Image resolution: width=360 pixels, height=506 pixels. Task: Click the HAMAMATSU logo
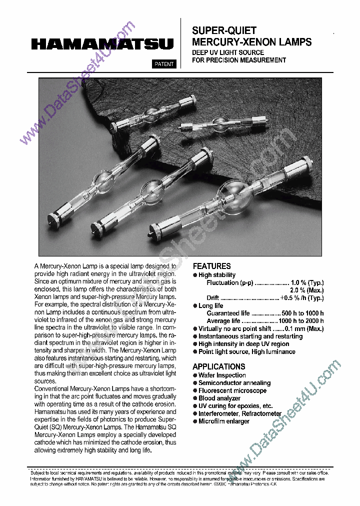(x=102, y=44)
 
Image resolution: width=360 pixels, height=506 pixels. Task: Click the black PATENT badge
(x=163, y=64)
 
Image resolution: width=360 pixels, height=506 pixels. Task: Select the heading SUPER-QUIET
(x=224, y=31)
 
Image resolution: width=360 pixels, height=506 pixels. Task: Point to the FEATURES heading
(x=211, y=266)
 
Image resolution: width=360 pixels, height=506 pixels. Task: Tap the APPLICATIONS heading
(x=218, y=366)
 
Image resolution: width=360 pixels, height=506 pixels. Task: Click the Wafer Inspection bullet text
(x=222, y=375)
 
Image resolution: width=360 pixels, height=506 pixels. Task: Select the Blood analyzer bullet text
(x=219, y=398)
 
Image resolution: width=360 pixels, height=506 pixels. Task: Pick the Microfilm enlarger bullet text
(x=223, y=421)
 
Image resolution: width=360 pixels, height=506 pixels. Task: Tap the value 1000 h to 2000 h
(x=301, y=321)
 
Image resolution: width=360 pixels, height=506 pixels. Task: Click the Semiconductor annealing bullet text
(x=234, y=383)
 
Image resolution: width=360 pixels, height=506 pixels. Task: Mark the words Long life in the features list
(x=211, y=305)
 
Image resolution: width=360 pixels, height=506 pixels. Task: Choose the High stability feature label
(x=217, y=275)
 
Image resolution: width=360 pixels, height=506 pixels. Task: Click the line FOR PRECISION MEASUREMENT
(x=239, y=60)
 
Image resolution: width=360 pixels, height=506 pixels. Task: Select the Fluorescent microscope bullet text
(x=232, y=390)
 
